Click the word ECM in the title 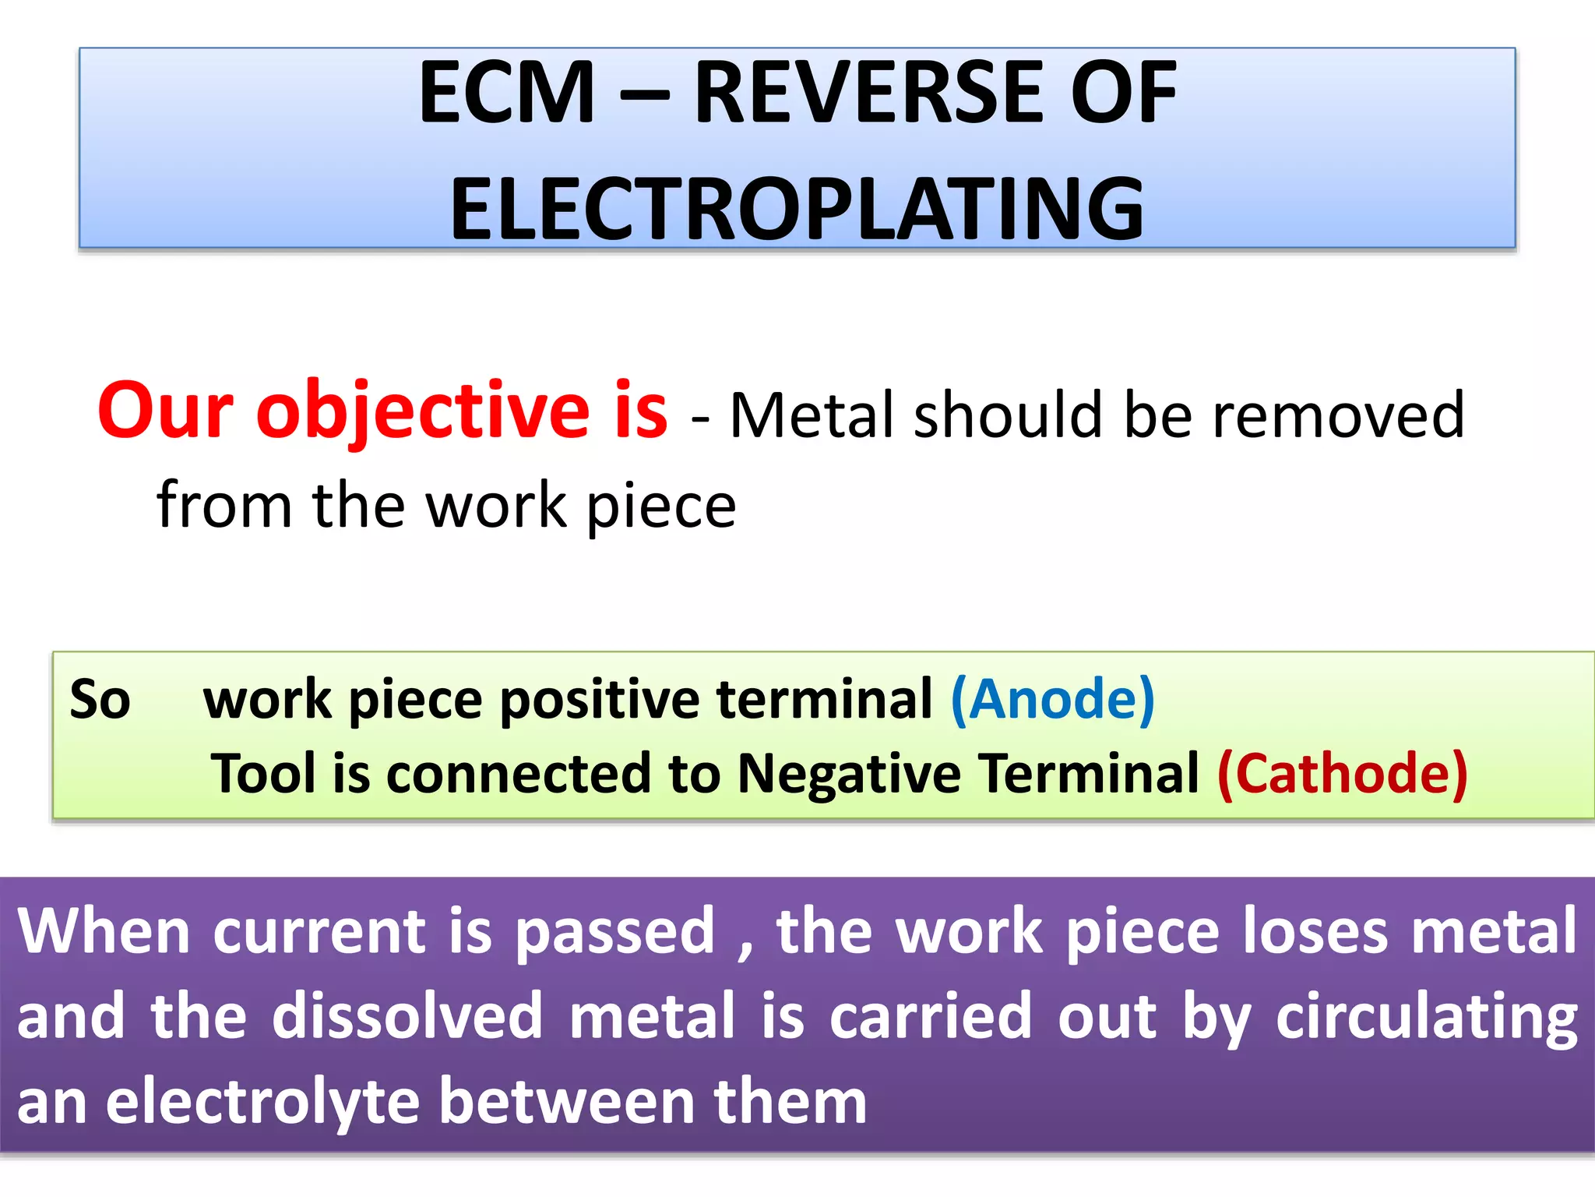507,94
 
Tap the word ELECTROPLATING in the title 797,209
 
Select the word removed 1338,415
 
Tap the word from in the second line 224,505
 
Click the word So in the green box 100,699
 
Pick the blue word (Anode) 1052,699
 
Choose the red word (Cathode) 1342,774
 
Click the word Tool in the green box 263,774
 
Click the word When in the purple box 104,931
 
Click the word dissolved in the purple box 407,1016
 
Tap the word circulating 1426,1016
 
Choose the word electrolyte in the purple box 262,1102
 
